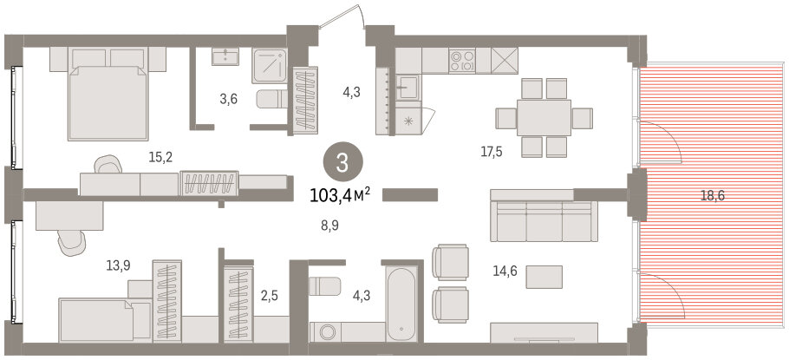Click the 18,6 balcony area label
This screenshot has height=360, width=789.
712,196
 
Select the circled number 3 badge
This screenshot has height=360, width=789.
342,163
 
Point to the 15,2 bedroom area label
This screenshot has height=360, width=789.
160,158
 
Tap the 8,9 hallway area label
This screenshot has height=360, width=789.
329,226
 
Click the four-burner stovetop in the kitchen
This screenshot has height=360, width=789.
462,61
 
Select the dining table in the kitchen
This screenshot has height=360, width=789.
544,117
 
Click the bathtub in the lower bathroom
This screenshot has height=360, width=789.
401,304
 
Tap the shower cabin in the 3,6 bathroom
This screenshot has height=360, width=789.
270,66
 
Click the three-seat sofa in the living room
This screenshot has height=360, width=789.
544,221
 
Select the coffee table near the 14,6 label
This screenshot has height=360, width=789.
544,277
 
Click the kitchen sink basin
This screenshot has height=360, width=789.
407,88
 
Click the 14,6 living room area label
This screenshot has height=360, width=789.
506,275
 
